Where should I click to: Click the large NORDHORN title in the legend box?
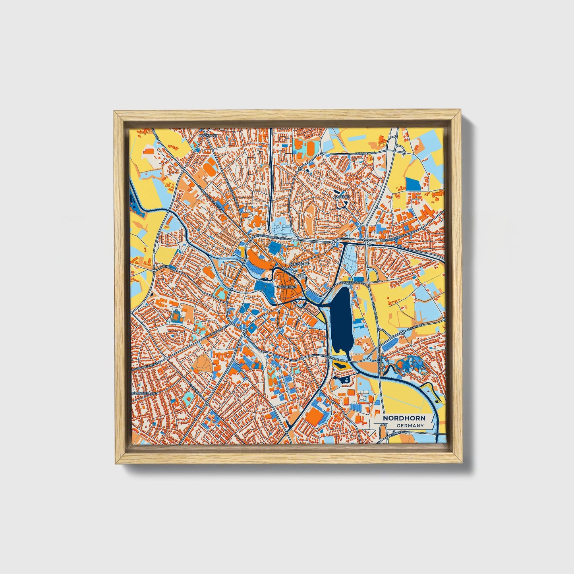pyautogui.click(x=404, y=418)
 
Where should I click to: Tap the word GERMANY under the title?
pyautogui.click(x=410, y=426)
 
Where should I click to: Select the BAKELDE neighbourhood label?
pyautogui.click(x=341, y=197)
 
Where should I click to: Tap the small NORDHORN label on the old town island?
pyautogui.click(x=287, y=286)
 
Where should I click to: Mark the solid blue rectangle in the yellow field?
pyautogui.click(x=413, y=184)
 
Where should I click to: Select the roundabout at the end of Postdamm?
pyautogui.click(x=154, y=270)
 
